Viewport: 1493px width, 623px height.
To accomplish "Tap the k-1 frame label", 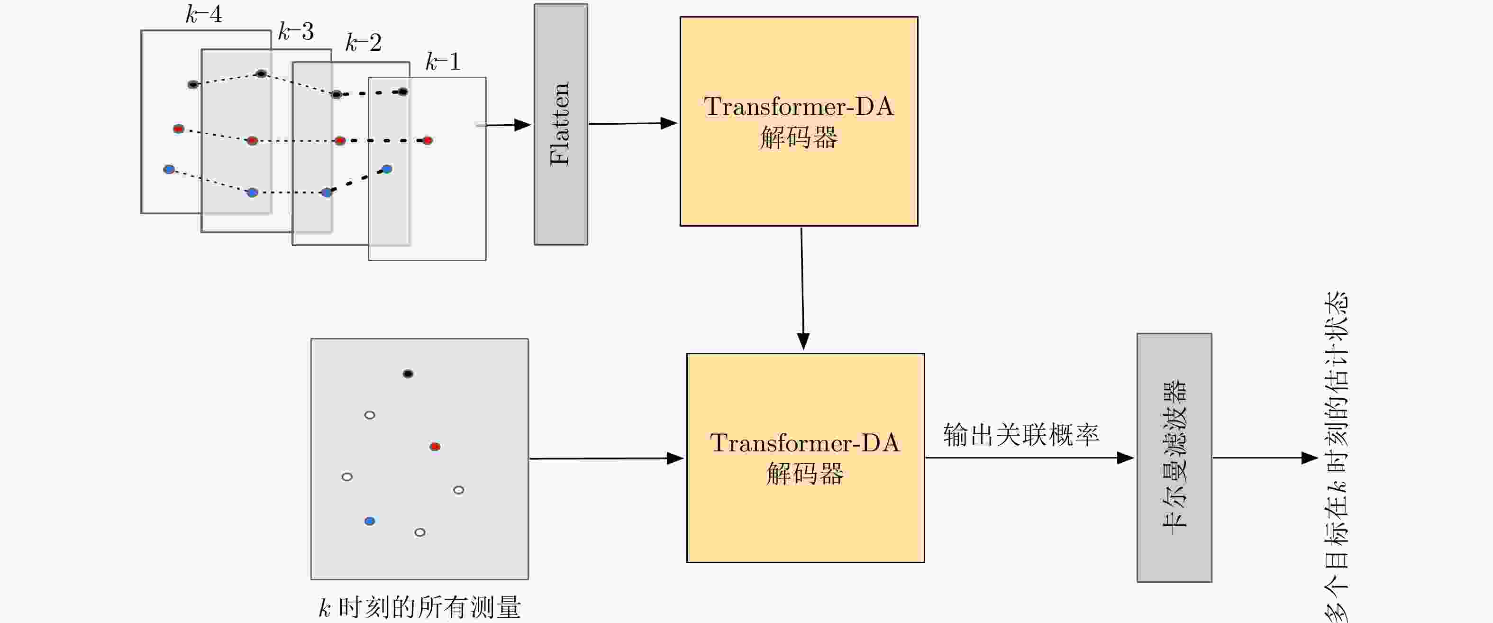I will point(443,62).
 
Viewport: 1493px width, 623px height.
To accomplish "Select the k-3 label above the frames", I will point(296,31).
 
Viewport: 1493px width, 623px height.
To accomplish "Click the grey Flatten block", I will point(560,124).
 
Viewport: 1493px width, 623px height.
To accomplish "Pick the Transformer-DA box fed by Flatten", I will point(799,121).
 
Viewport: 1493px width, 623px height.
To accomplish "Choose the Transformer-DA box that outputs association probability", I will point(805,458).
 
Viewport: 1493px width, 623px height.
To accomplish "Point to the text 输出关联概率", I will point(1021,435).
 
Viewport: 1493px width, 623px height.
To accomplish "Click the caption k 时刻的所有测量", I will point(419,607).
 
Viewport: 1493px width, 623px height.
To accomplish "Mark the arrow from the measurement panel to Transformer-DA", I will point(606,458).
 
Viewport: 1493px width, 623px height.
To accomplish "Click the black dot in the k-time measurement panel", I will point(408,374).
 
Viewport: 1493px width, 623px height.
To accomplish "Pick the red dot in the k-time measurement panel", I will point(435,446).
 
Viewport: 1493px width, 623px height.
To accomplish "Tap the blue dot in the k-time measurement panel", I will point(370,521).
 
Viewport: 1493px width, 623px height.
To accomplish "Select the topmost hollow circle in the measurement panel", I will point(369,415).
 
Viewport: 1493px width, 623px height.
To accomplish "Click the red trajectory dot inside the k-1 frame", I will point(427,140).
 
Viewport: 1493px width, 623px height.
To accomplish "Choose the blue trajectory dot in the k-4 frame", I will point(169,169).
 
